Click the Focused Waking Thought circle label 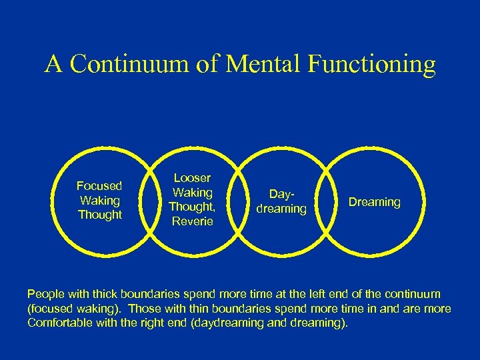point(100,200)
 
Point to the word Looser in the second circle point(192,178)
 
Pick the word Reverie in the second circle point(192,221)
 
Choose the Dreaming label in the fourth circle point(375,201)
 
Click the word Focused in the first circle point(100,186)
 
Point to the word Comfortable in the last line point(62,323)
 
